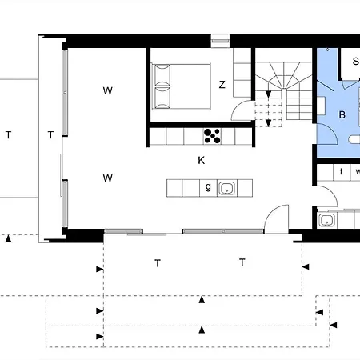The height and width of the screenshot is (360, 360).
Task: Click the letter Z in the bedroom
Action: (x=222, y=85)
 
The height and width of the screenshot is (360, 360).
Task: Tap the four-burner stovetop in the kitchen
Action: (x=213, y=136)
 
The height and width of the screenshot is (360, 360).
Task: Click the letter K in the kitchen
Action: (x=202, y=160)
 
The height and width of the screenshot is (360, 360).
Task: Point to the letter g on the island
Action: (x=208, y=188)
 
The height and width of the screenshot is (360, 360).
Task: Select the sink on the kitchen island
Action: (x=227, y=189)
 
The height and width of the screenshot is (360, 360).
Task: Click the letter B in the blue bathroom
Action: (x=342, y=115)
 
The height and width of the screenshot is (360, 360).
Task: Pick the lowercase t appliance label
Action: (x=341, y=171)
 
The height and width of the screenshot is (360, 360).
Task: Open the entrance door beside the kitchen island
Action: (x=278, y=217)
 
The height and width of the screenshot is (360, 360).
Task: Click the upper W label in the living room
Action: (x=107, y=90)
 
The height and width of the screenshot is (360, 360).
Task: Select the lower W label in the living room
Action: (x=107, y=178)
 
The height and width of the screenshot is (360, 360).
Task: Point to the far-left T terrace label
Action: (x=9, y=135)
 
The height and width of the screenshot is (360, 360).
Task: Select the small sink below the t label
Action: (x=326, y=220)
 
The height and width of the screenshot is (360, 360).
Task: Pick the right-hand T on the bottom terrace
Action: (x=241, y=262)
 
